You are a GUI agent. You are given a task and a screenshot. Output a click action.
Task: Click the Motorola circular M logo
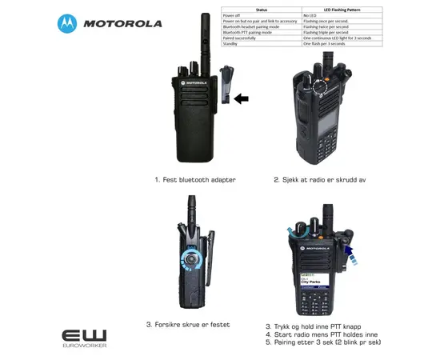click(68, 23)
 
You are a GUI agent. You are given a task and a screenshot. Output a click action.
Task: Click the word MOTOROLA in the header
click(122, 23)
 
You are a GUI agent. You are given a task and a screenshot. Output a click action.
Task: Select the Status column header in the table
click(261, 10)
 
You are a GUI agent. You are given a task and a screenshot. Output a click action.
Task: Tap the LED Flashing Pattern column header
click(342, 10)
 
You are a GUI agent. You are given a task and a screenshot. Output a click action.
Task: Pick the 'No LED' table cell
click(311, 15)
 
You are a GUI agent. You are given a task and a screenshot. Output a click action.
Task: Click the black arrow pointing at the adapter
click(241, 98)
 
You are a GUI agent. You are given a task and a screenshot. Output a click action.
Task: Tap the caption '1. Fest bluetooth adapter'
click(195, 181)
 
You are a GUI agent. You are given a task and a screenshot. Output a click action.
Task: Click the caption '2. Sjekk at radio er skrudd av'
click(320, 181)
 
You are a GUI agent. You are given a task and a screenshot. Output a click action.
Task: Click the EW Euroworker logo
click(84, 336)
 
